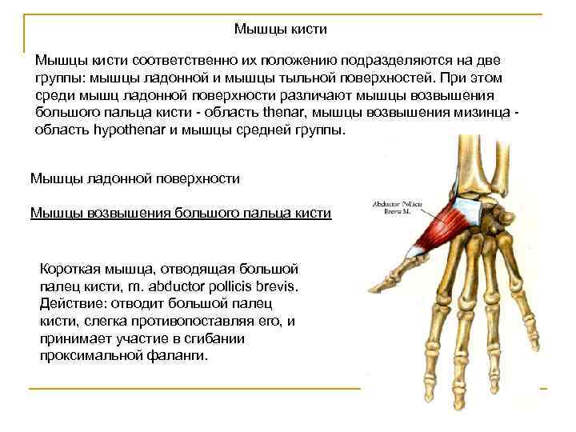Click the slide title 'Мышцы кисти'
281,30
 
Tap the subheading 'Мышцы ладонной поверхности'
134,178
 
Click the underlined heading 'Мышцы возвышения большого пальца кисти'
180,212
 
